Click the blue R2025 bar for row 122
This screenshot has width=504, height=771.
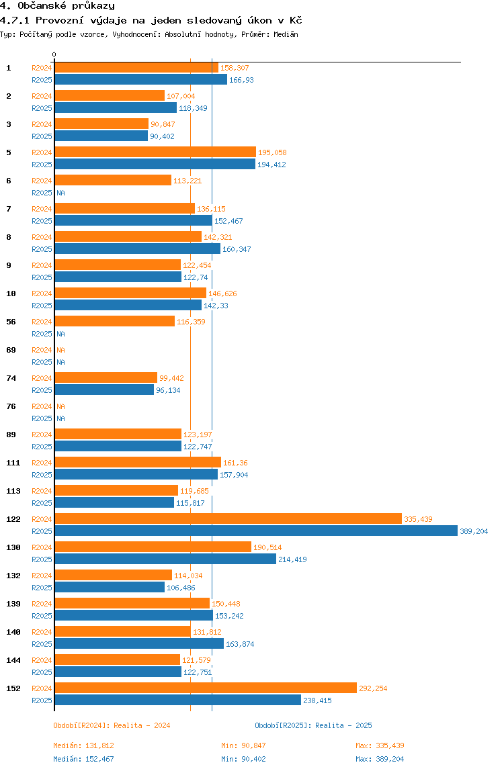click(x=255, y=531)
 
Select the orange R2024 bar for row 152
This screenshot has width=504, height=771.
click(x=205, y=688)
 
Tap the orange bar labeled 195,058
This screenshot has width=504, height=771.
click(x=155, y=152)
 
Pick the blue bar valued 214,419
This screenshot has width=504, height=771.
click(x=165, y=559)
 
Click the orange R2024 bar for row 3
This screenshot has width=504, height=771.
click(x=101, y=124)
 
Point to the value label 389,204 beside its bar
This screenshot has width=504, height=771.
click(x=474, y=531)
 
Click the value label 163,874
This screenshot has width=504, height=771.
click(x=240, y=644)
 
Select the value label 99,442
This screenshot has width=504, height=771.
click(x=171, y=378)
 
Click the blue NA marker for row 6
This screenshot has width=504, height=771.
click(x=60, y=193)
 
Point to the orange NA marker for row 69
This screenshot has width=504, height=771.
click(x=60, y=350)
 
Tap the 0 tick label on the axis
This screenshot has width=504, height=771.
click(x=54, y=54)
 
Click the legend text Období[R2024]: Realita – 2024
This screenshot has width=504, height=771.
click(x=112, y=725)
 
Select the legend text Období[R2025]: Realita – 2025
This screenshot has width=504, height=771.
click(x=313, y=725)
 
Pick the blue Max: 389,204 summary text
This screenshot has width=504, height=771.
click(x=380, y=759)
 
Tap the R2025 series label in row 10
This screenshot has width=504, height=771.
click(x=42, y=306)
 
